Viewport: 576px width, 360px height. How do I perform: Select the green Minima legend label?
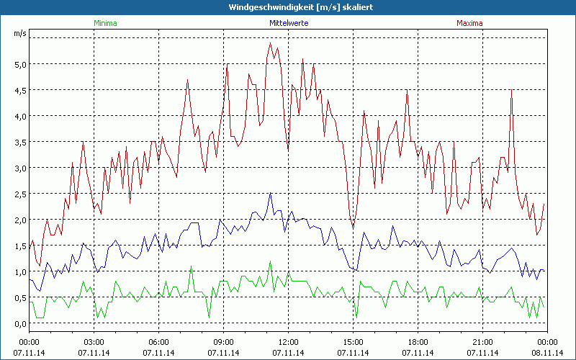coord(105,23)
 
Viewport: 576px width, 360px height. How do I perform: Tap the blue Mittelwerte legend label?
coord(288,23)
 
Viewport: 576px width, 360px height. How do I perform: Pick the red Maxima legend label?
coord(470,23)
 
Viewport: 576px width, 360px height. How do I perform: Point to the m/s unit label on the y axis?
coord(19,34)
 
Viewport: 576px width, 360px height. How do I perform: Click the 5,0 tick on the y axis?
coord(19,64)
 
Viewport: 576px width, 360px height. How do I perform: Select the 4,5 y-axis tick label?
coord(19,90)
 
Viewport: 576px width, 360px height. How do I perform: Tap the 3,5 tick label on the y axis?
coord(19,142)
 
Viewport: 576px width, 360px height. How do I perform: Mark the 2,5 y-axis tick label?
coord(19,194)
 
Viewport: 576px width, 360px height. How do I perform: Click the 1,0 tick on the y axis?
coord(19,271)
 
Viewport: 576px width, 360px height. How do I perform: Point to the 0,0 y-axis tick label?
coord(19,323)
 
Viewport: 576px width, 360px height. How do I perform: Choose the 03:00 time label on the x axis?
coord(94,342)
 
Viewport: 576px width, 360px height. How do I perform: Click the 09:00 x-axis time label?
coord(224,342)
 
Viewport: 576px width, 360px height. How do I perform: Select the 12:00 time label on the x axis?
coord(289,342)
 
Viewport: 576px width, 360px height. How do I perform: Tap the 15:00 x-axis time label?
coord(354,342)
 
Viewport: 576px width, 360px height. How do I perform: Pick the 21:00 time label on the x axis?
coord(483,342)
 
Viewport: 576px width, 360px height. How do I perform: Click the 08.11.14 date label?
coord(547,353)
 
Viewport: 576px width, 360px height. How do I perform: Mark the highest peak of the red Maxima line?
coord(271,43)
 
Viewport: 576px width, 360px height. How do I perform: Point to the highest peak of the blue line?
coord(271,193)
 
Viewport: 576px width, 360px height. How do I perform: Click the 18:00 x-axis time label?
coord(418,342)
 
